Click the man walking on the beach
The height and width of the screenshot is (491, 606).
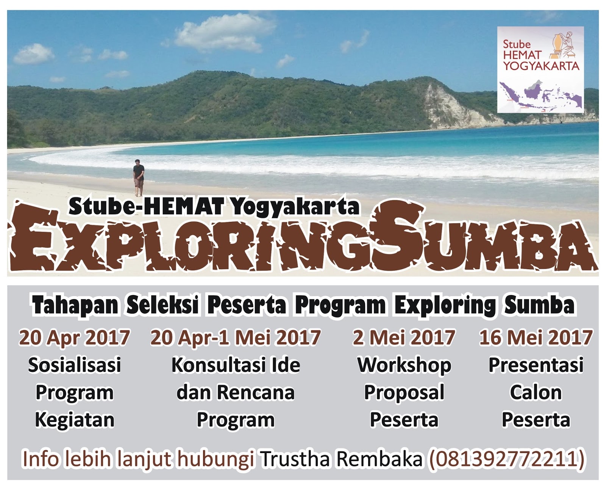139,178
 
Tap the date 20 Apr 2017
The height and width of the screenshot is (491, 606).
75,338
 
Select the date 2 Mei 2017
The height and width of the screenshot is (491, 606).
404,338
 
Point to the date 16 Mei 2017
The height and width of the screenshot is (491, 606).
536,338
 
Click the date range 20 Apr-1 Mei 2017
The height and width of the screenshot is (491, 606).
236,338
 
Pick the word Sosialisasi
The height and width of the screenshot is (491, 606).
75,365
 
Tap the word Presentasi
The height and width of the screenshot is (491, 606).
536,365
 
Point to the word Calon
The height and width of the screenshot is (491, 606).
536,392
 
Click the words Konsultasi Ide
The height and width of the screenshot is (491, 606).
236,365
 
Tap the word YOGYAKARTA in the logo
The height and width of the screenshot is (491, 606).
541,66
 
